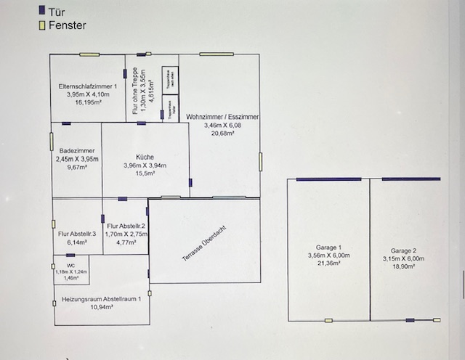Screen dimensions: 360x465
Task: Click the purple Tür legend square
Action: (x=42, y=11)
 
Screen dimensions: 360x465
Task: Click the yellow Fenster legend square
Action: (x=42, y=25)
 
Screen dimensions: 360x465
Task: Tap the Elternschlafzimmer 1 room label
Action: (x=88, y=87)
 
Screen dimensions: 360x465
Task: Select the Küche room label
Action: (x=145, y=157)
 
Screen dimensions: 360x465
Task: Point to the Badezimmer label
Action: (x=76, y=152)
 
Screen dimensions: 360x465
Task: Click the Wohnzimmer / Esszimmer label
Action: (x=222, y=117)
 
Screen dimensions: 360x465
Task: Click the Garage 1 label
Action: (x=328, y=247)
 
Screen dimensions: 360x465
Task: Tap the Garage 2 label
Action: (x=403, y=250)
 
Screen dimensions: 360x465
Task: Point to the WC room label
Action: (x=70, y=266)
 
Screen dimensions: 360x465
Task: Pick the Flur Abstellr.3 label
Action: (x=77, y=234)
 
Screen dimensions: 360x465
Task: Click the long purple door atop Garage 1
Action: (x=328, y=179)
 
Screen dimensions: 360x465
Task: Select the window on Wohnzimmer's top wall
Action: (x=217, y=54)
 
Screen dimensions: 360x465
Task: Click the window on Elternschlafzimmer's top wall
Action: (x=89, y=54)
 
